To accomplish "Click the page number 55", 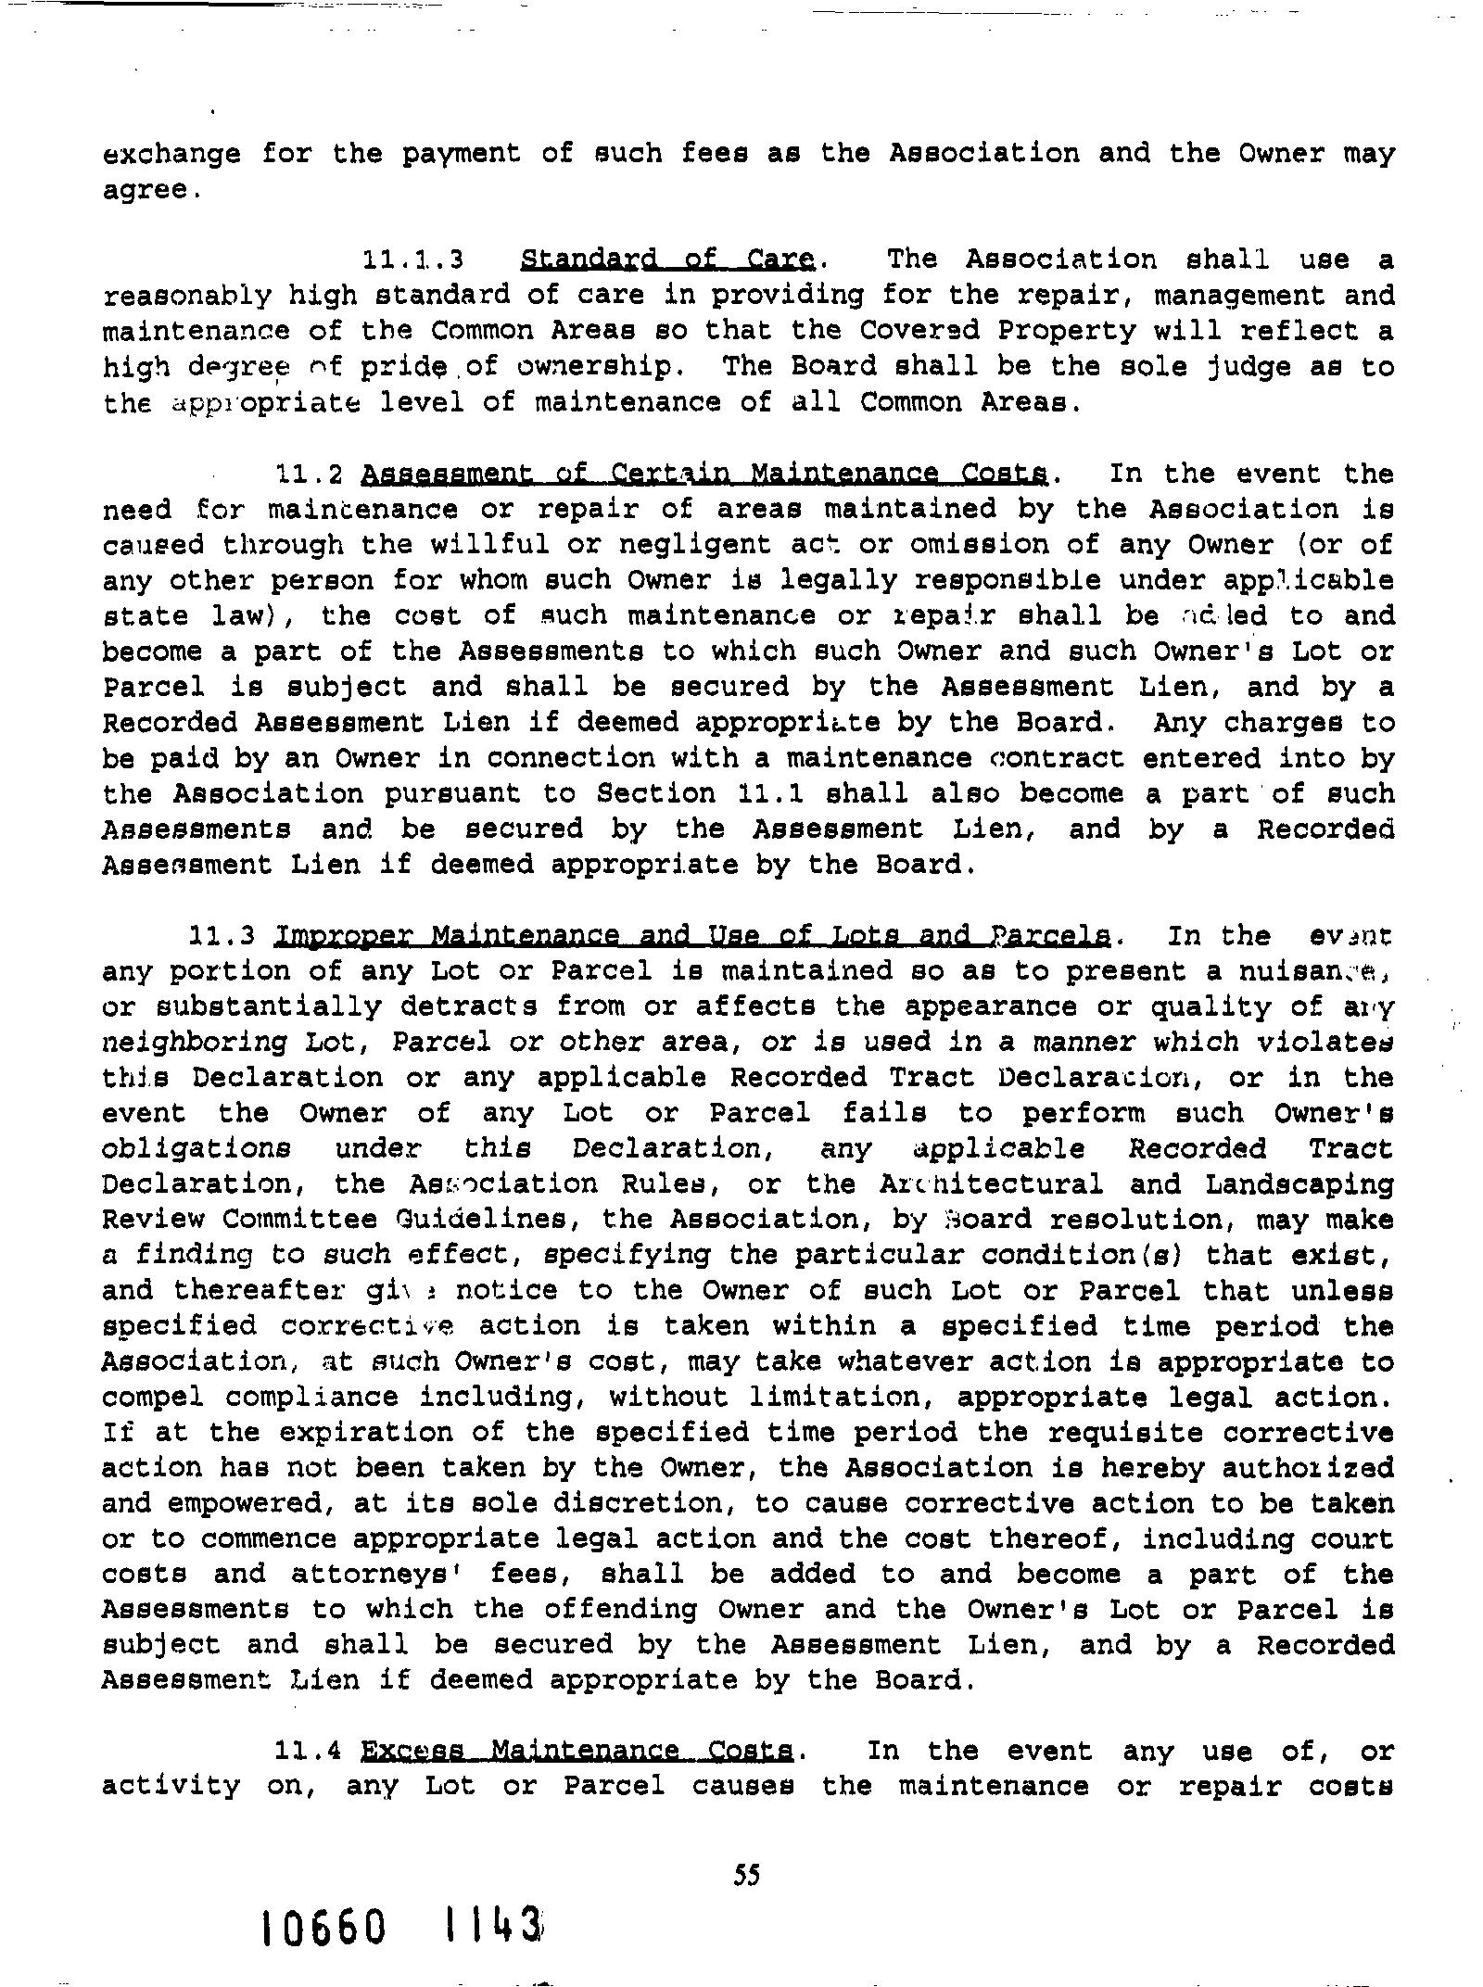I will [746, 1876].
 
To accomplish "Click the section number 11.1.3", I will [412, 259].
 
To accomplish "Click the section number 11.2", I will [310, 475].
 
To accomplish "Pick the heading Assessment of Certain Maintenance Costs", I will [704, 474].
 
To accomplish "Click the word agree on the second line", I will [147, 190].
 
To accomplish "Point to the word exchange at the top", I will [171, 153].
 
